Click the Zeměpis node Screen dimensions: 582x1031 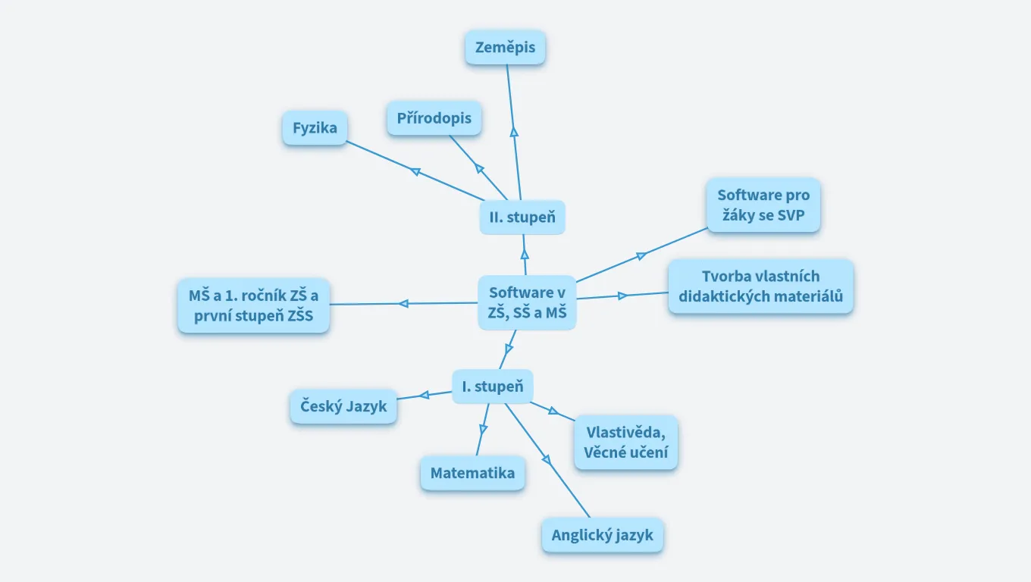pyautogui.click(x=505, y=48)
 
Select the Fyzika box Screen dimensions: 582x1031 pyautogui.click(x=315, y=128)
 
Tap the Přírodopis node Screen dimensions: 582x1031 pyautogui.click(x=434, y=118)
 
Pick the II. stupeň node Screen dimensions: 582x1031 pyautogui.click(x=522, y=217)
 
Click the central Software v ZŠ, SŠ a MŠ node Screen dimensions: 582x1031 pyautogui.click(x=527, y=302)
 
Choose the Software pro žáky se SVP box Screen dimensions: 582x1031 pyautogui.click(x=763, y=206)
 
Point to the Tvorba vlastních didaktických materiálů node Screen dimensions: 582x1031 pyautogui.click(x=760, y=286)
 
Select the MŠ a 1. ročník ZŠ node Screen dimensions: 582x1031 pyautogui.click(x=253, y=305)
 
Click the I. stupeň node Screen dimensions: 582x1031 pyautogui.click(x=493, y=386)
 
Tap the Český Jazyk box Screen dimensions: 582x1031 pyautogui.click(x=343, y=406)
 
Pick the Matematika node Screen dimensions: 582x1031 pyautogui.click(x=472, y=473)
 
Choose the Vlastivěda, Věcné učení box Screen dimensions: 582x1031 pyautogui.click(x=625, y=443)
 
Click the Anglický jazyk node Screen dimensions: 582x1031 pyautogui.click(x=602, y=535)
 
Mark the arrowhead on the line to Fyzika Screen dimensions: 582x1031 pyautogui.click(x=415, y=171)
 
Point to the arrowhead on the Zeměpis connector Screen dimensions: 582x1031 pyautogui.click(x=514, y=132)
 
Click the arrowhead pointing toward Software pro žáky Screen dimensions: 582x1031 pyautogui.click(x=641, y=255)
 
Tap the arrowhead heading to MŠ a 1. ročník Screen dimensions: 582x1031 pyautogui.click(x=403, y=304)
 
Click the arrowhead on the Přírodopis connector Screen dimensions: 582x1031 pyautogui.click(x=479, y=167)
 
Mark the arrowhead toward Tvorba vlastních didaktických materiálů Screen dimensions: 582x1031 pyautogui.click(x=622, y=296)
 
